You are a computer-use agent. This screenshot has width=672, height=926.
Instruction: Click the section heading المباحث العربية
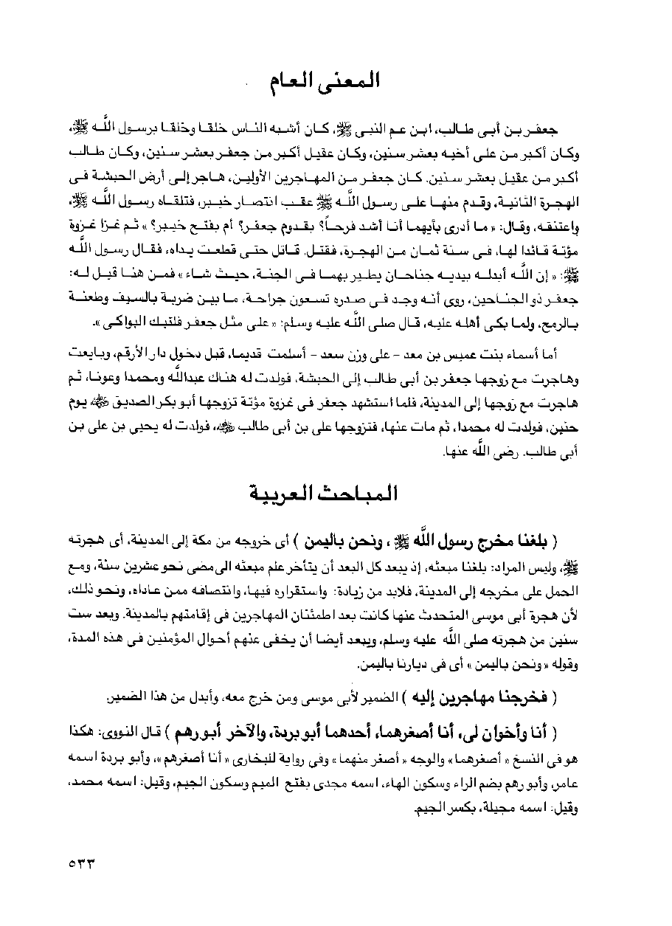336,491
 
